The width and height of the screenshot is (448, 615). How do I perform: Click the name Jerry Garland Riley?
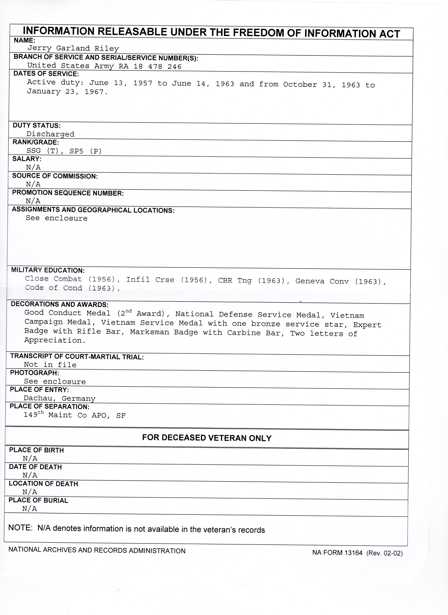pyautogui.click(x=73, y=49)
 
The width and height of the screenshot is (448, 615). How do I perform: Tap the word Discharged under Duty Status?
pyautogui.click(x=51, y=134)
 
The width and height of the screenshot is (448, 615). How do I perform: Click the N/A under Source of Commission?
pyautogui.click(x=33, y=184)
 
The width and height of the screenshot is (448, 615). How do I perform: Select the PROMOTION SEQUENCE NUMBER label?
pyautogui.click(x=68, y=193)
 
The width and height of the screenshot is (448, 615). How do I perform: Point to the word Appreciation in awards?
pyautogui.click(x=55, y=340)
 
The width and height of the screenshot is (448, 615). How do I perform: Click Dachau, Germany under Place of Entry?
pyautogui.click(x=59, y=398)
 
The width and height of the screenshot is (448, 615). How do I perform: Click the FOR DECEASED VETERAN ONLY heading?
pyautogui.click(x=207, y=438)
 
